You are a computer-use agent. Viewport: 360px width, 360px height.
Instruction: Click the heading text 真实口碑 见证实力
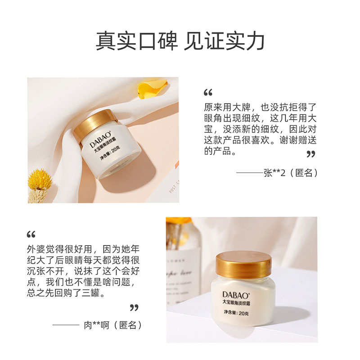(x=180, y=41)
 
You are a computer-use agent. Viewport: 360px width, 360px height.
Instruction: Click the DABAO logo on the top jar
(x=96, y=143)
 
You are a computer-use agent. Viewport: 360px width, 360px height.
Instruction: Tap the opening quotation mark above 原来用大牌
(x=207, y=93)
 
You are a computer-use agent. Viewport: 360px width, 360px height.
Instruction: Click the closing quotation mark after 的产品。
(x=310, y=154)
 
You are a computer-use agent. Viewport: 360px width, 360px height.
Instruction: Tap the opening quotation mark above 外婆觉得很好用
(x=31, y=234)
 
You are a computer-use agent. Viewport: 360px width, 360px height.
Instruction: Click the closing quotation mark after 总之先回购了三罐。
(x=134, y=308)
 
